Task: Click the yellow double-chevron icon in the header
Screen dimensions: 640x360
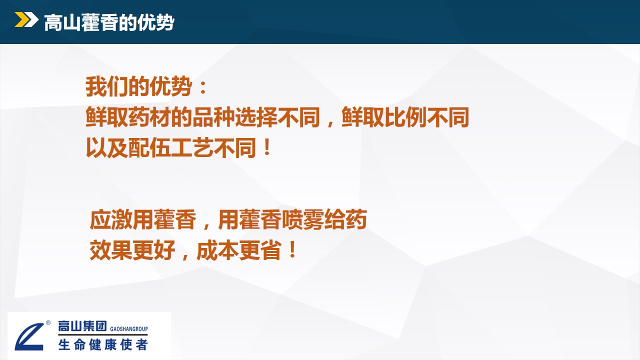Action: point(26,19)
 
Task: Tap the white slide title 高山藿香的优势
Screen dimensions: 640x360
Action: point(109,22)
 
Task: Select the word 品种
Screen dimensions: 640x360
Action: point(213,117)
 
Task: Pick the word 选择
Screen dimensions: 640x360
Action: point(256,117)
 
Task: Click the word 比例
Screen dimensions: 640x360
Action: point(405,117)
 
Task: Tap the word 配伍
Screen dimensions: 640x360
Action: point(149,147)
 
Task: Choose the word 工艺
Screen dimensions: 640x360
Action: point(192,147)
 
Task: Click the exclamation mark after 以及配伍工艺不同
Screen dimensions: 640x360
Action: point(267,147)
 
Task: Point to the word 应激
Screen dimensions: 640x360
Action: point(111,219)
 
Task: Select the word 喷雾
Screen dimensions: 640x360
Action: point(303,219)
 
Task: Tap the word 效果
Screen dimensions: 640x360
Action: point(111,250)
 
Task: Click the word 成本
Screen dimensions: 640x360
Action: point(218,250)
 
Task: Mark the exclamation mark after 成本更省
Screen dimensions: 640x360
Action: point(292,249)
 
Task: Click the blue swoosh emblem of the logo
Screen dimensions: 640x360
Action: point(29,336)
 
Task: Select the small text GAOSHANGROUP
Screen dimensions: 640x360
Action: point(129,329)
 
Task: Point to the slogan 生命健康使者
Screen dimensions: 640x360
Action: point(103,344)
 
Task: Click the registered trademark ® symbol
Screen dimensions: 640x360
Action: point(48,322)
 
